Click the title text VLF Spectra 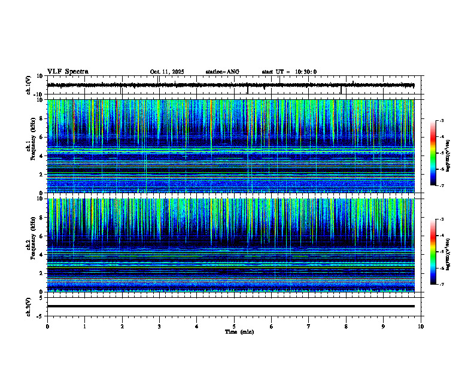pyautogui.click(x=68, y=72)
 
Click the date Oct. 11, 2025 pyautogui.click(x=167, y=72)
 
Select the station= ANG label pyautogui.click(x=222, y=72)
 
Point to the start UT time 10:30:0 pyautogui.click(x=305, y=72)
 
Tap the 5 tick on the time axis pyautogui.click(x=234, y=327)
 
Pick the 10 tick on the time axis pyautogui.click(x=421, y=327)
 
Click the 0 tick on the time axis pyautogui.click(x=47, y=327)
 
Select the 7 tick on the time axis pyautogui.click(x=309, y=327)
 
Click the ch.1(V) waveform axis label pyautogui.click(x=28, y=85)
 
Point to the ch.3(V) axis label pyautogui.click(x=28, y=306)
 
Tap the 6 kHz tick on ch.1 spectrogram pyautogui.click(x=41, y=137)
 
